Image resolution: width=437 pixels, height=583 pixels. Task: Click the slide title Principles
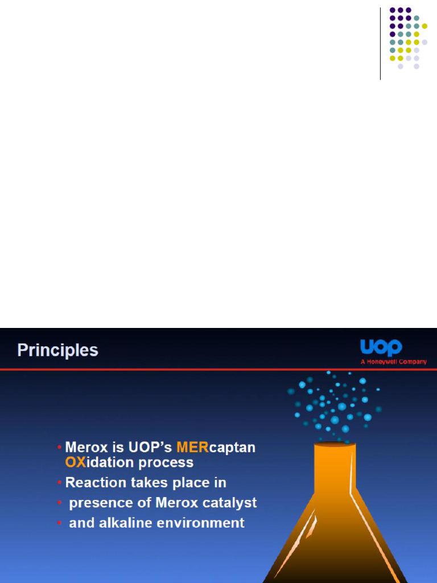coord(57,350)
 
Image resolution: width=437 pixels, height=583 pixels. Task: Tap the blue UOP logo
coord(381,347)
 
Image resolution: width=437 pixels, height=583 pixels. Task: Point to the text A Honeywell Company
coord(394,362)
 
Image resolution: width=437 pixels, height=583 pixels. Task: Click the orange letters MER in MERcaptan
coord(192,447)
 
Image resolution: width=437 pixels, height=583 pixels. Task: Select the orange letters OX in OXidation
coord(76,462)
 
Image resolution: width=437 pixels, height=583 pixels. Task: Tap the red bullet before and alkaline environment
coord(59,523)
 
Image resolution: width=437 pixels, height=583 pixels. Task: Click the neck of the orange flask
coord(335,469)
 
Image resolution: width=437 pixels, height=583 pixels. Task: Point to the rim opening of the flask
coord(335,444)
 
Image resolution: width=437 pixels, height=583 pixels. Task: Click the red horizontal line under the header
coord(218,369)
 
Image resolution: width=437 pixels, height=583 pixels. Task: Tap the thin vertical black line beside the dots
coord(380,43)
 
